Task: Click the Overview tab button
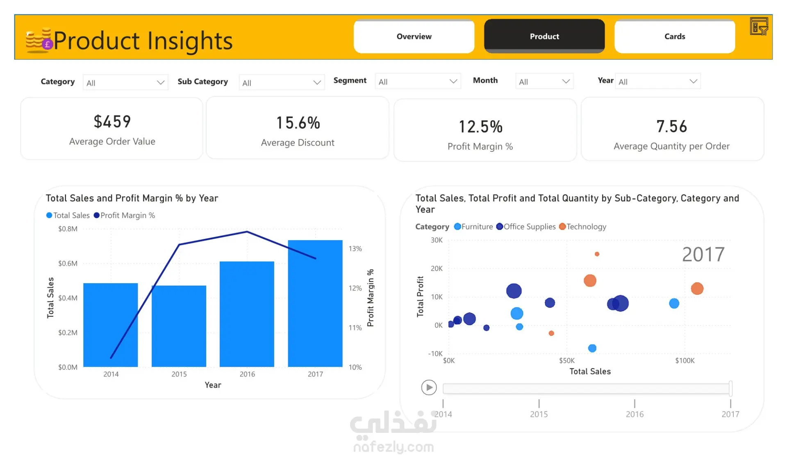point(414,36)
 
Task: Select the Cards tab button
point(675,36)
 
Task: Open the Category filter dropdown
point(125,82)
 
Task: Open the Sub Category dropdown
point(282,82)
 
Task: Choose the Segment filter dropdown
point(418,81)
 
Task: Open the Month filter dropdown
point(544,81)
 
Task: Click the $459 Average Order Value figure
point(112,121)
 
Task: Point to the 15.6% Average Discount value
point(298,123)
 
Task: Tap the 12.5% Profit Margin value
point(480,127)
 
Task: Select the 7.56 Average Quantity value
point(671,126)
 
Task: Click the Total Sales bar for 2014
point(111,325)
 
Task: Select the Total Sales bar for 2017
point(315,303)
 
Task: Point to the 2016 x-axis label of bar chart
point(247,374)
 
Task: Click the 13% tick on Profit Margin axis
point(355,249)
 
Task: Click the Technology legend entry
point(582,227)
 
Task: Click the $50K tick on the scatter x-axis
point(567,361)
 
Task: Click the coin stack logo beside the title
point(39,40)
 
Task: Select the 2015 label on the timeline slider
point(539,414)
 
